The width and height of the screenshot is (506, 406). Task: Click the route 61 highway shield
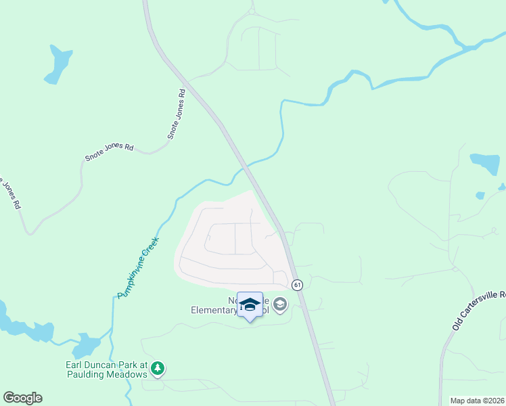pyautogui.click(x=297, y=285)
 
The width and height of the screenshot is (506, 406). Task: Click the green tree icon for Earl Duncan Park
pyautogui.click(x=158, y=368)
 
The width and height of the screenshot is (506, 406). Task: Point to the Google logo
pyautogui.click(x=22, y=398)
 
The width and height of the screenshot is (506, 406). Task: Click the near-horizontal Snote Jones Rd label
pyautogui.click(x=109, y=152)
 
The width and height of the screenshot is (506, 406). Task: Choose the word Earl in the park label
pyautogui.click(x=74, y=365)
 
